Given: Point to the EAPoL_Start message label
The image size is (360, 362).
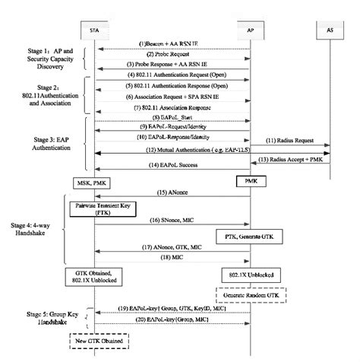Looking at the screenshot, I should coord(172,118).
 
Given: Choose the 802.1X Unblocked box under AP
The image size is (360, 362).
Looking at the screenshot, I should coord(251,273).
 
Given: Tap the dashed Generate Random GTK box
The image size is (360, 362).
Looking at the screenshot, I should coord(251,294).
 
